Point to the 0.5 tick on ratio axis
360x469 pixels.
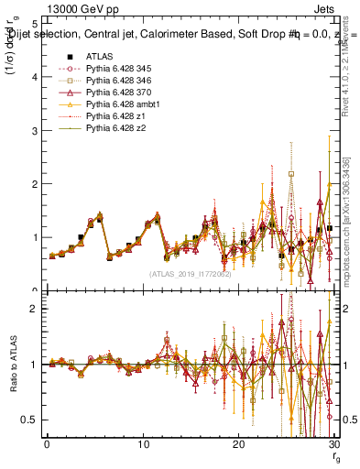31,420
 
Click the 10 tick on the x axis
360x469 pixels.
142,444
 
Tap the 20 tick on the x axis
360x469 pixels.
238,444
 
